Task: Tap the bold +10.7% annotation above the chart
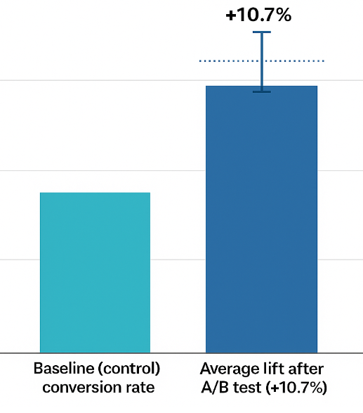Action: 258,15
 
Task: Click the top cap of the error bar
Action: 262,32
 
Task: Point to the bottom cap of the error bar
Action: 262,91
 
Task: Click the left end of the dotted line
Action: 201,61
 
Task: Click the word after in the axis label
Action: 307,369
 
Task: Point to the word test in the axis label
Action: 242,387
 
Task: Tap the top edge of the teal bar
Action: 95,193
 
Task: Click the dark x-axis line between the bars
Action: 178,352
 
